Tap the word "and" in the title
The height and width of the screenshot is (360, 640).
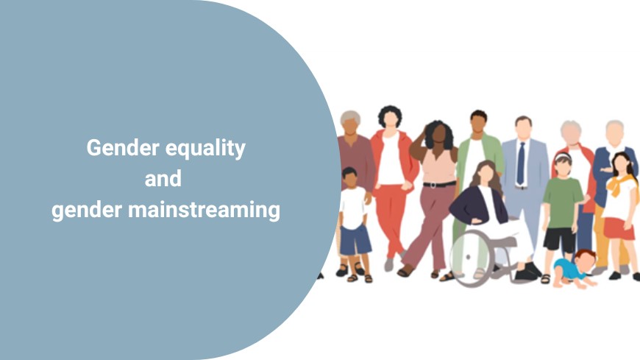(163, 179)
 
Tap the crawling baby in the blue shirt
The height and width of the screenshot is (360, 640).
(569, 268)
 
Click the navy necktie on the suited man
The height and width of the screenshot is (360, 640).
(521, 163)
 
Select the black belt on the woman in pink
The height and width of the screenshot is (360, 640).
(439, 184)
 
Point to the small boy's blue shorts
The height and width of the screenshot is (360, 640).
(355, 240)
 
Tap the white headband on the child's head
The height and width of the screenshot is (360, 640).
(562, 157)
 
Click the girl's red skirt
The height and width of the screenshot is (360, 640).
(619, 229)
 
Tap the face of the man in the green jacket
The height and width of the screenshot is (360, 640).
(478, 124)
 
